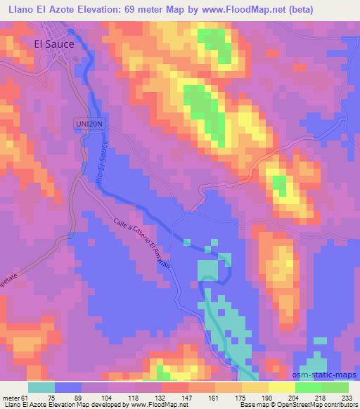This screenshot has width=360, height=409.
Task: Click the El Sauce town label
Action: point(54,42)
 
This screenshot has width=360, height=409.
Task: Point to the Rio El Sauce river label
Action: point(99,162)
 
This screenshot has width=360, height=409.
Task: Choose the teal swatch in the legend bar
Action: point(41,387)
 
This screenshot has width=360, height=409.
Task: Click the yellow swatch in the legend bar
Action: point(281,387)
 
